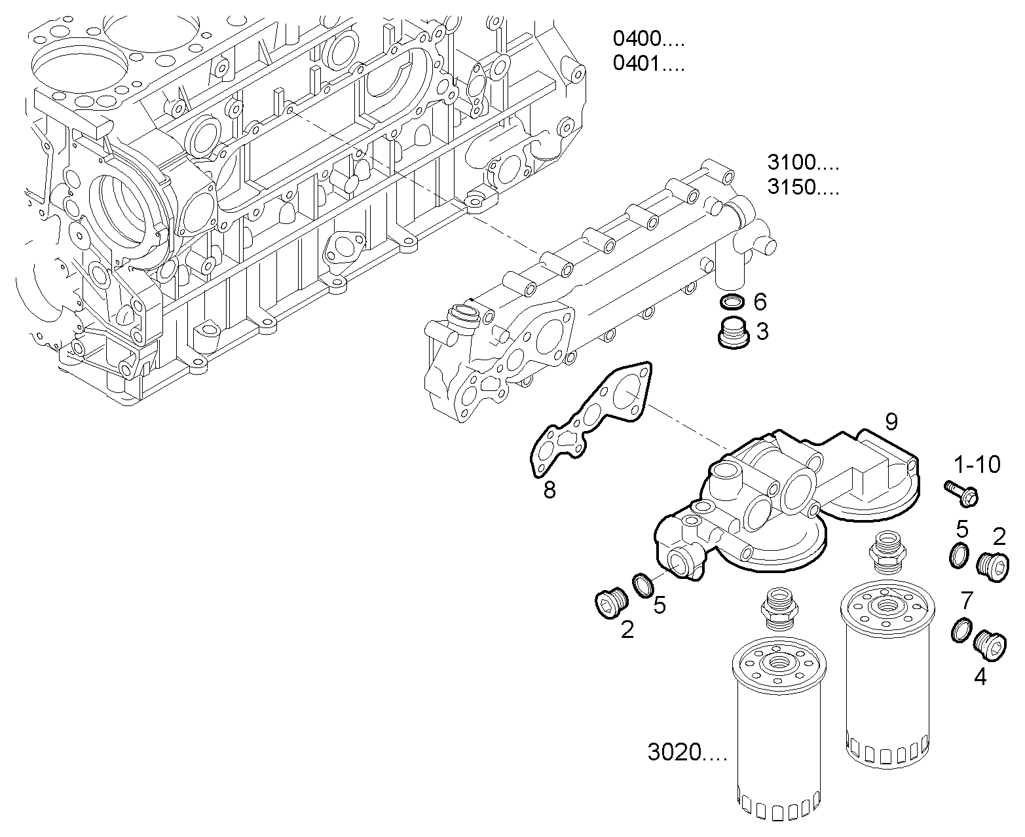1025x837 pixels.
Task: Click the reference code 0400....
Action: [648, 39]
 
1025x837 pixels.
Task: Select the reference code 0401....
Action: [648, 64]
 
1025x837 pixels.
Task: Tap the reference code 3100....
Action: [802, 162]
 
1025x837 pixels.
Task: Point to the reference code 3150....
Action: [802, 187]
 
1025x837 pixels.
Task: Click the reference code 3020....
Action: [686, 753]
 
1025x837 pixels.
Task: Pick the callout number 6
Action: [760, 302]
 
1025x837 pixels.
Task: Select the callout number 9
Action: [891, 422]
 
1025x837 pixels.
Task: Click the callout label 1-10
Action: [977, 464]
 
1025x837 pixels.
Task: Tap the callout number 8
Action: [550, 489]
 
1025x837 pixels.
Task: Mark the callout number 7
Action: [967, 599]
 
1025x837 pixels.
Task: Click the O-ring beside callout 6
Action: [732, 302]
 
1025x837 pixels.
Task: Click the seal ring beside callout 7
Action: [960, 630]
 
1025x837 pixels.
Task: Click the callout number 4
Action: [980, 677]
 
